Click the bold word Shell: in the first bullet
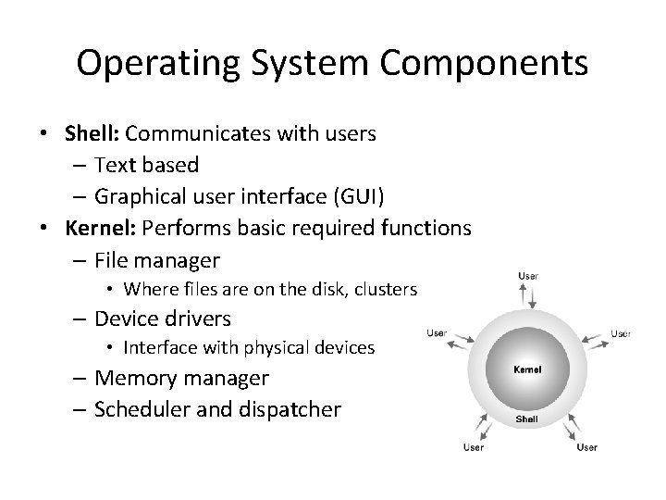(x=90, y=133)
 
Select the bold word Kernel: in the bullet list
(x=98, y=227)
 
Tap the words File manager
(x=157, y=258)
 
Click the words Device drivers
(x=163, y=319)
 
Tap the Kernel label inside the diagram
(x=526, y=369)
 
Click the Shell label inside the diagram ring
(x=526, y=419)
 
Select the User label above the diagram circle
(x=527, y=275)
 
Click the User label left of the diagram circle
(x=437, y=333)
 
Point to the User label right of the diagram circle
(x=620, y=333)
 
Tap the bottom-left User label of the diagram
(x=474, y=448)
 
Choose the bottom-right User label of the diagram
(x=586, y=448)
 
